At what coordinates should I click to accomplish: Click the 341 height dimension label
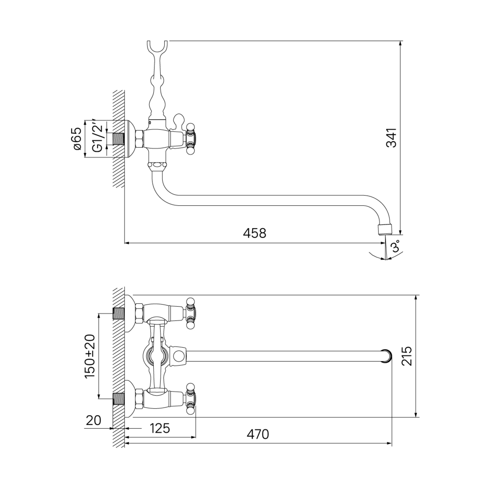click(392, 138)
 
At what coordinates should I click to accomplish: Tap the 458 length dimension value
click(255, 233)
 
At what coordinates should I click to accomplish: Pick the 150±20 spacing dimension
click(90, 356)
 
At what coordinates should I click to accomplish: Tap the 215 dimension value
click(407, 356)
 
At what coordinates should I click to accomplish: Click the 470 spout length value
click(258, 434)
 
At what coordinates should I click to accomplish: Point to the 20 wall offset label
click(94, 420)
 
